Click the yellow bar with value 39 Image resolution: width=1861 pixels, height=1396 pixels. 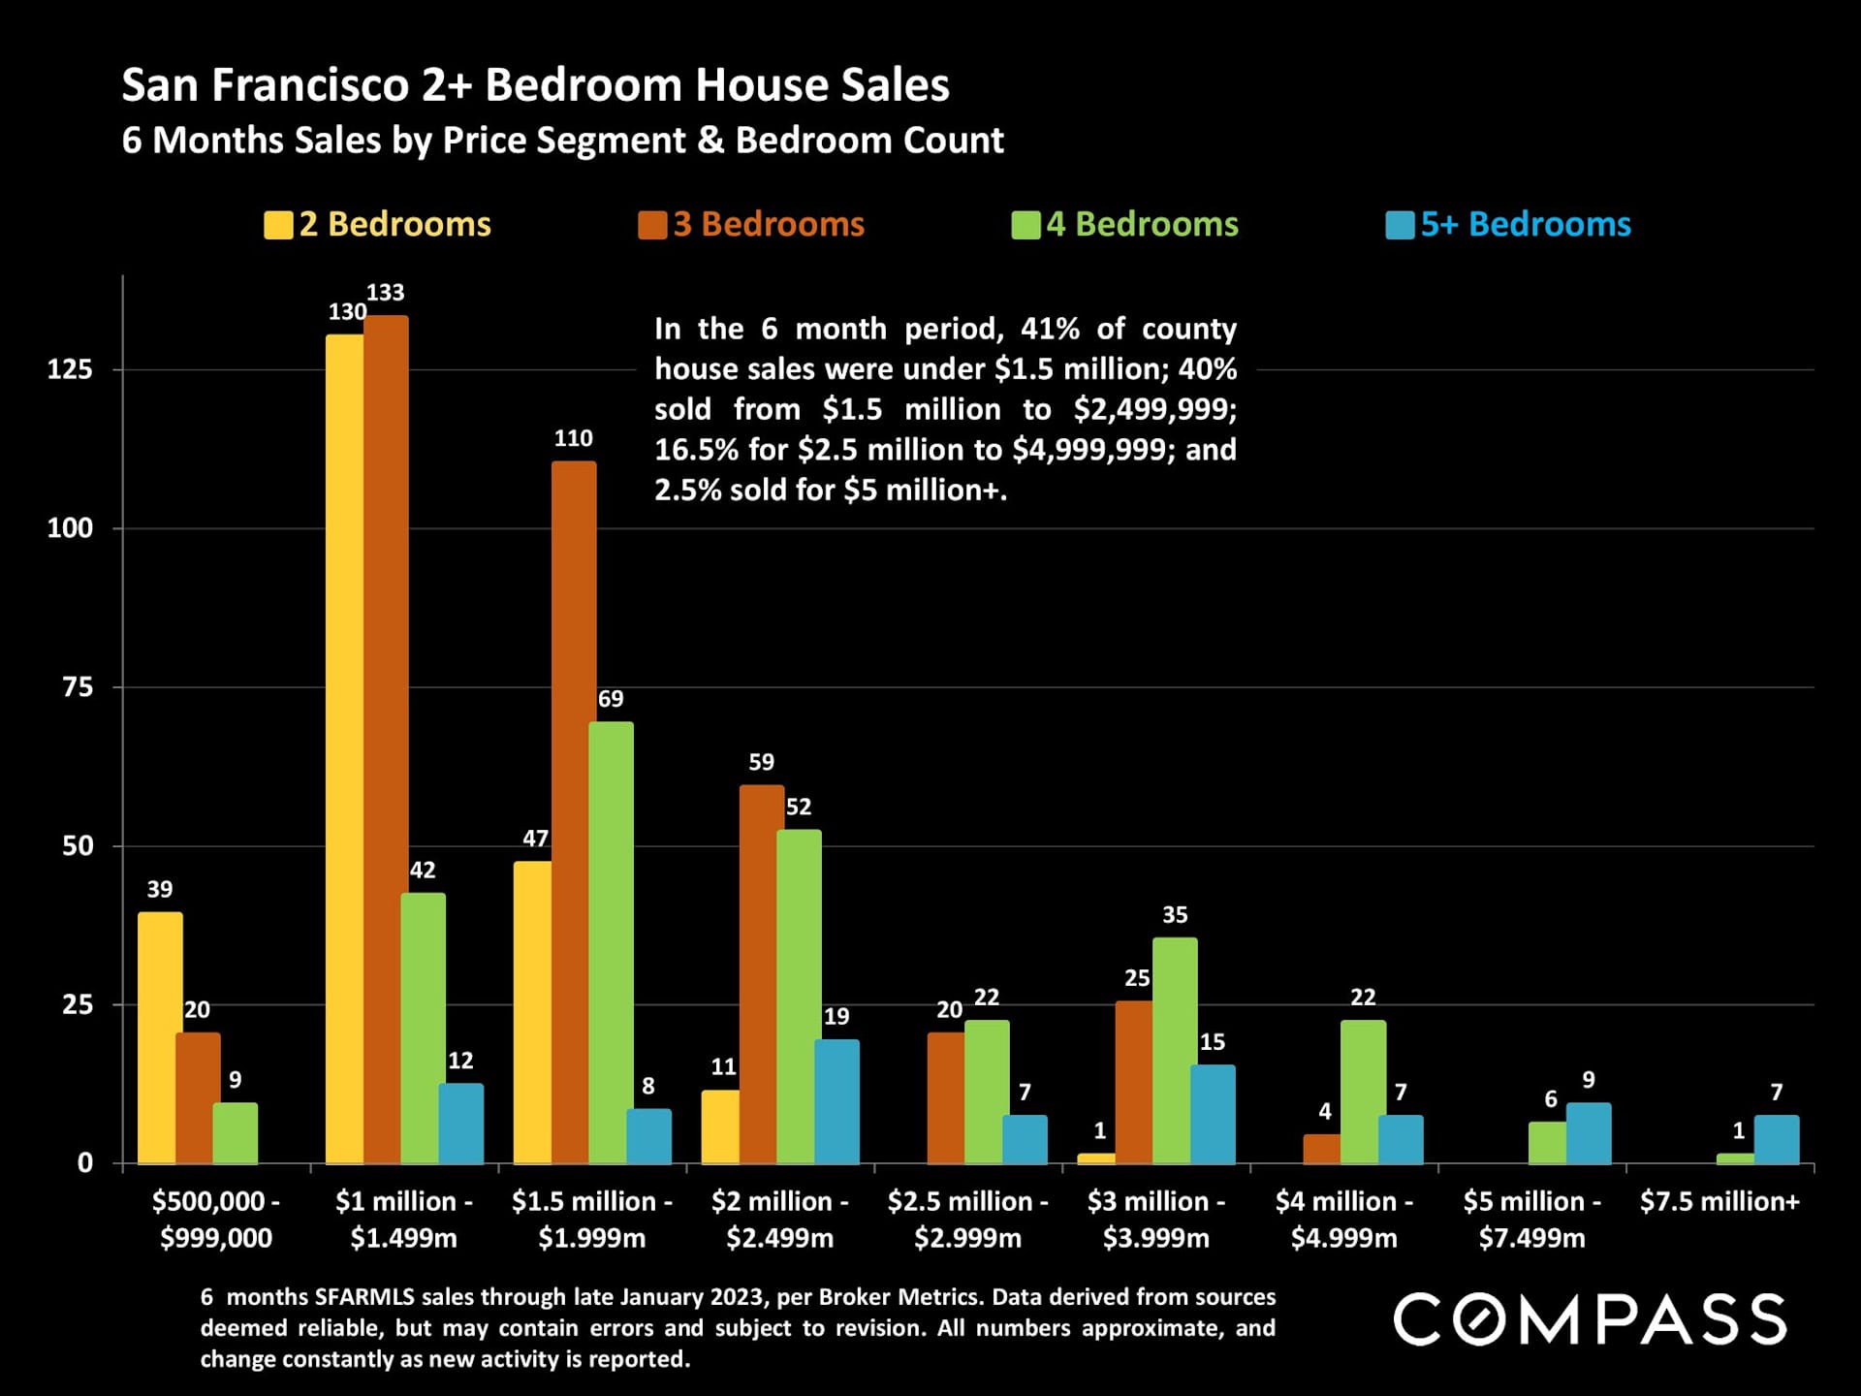[x=159, y=1037]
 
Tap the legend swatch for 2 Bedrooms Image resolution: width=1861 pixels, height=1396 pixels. [x=278, y=225]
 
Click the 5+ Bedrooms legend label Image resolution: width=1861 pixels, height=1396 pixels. [x=1526, y=225]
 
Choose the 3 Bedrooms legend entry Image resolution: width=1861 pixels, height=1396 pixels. [x=751, y=225]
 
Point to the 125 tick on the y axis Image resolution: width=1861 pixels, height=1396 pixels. [x=70, y=369]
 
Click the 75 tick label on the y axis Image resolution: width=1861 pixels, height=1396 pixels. [x=78, y=687]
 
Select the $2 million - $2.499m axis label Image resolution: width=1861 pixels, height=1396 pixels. [x=780, y=1220]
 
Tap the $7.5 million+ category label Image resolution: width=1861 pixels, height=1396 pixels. [x=1719, y=1202]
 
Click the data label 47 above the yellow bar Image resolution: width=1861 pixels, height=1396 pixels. [x=535, y=839]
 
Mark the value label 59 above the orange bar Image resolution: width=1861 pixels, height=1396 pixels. [x=761, y=762]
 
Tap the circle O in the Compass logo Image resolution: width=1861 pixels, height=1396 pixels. [x=1479, y=1319]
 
